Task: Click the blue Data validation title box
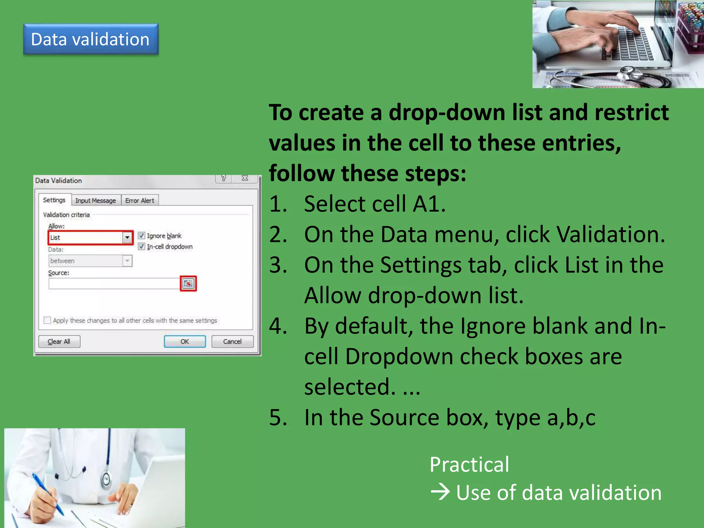pyautogui.click(x=91, y=39)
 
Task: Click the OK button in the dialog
pyautogui.click(x=185, y=341)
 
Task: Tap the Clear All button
pyautogui.click(x=59, y=341)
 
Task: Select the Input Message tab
pyautogui.click(x=96, y=200)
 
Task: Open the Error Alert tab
pyautogui.click(x=140, y=200)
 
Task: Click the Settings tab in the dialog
pyautogui.click(x=54, y=200)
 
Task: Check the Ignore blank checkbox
pyautogui.click(x=141, y=235)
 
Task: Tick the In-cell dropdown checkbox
pyautogui.click(x=141, y=246)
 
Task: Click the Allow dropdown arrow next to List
pyautogui.click(x=127, y=238)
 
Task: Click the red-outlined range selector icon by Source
pyautogui.click(x=188, y=284)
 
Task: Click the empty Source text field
pyautogui.click(x=113, y=284)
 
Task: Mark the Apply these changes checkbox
pyautogui.click(x=47, y=320)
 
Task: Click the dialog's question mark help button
pyautogui.click(x=223, y=178)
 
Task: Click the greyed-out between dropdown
pyautogui.click(x=90, y=261)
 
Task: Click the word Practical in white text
pyautogui.click(x=469, y=464)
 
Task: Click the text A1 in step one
pyautogui.click(x=429, y=204)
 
